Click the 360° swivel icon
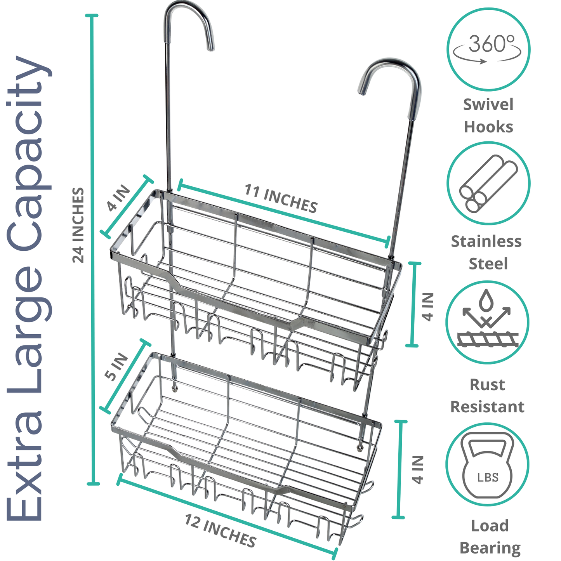point(488,49)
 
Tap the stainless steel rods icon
point(488,183)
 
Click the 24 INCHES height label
point(78,225)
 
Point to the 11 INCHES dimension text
point(281,198)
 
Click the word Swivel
point(488,105)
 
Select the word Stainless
point(486,241)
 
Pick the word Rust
point(487,385)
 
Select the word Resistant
point(487,407)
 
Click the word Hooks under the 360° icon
point(488,127)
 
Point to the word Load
point(490,526)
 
